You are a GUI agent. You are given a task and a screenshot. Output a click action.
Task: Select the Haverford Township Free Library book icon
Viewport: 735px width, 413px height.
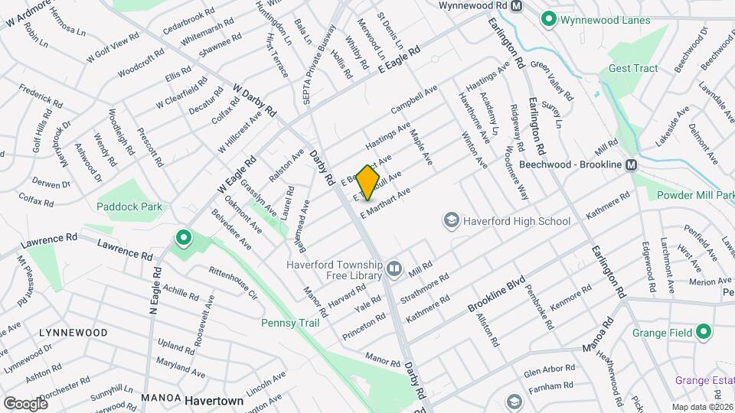[x=394, y=268]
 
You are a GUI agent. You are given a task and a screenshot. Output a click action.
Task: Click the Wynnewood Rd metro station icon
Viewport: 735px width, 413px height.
[x=517, y=5]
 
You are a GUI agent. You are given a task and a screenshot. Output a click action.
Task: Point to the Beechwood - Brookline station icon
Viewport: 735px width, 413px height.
[x=632, y=164]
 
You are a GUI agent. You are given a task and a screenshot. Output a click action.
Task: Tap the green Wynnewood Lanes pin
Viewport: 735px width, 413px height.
[x=548, y=18]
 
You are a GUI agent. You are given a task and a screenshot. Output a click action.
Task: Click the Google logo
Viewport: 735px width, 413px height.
[x=25, y=403]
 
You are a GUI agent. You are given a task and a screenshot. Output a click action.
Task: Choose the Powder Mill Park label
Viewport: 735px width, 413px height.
[x=695, y=195]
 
